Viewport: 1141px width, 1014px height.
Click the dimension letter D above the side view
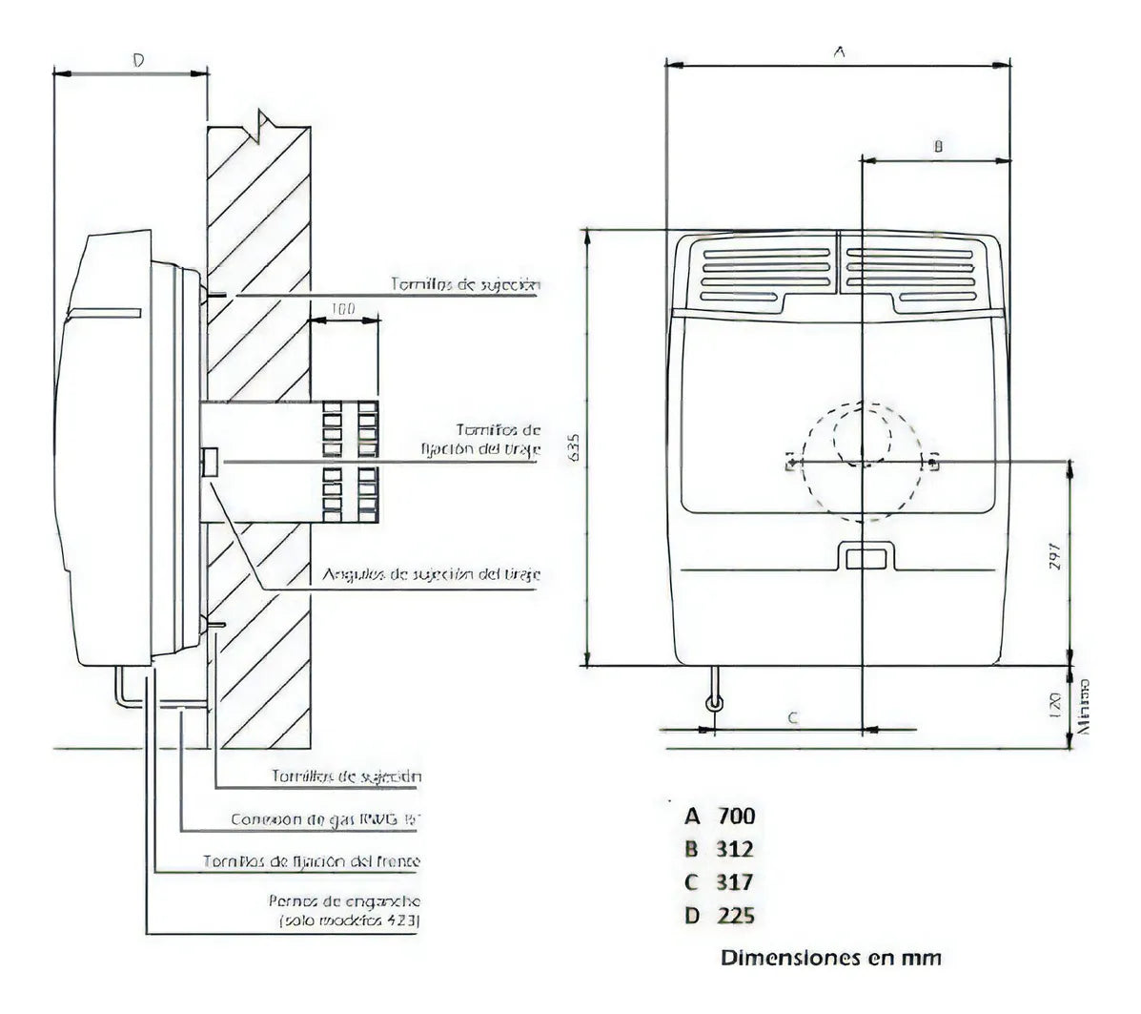137,60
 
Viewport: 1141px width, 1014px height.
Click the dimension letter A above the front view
839,53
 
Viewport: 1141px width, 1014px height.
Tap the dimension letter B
937,146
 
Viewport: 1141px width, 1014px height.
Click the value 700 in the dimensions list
734,816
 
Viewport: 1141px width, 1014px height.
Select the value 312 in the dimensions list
734,849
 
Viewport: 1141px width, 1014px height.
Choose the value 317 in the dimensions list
734,882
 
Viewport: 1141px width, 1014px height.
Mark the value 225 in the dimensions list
734,916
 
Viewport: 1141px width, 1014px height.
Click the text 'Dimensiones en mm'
830,957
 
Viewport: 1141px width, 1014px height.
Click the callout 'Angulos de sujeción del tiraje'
432,574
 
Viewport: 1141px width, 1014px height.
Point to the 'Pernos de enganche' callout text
345,900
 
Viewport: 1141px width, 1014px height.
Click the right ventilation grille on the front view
910,269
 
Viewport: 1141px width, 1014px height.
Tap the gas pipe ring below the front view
714,704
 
